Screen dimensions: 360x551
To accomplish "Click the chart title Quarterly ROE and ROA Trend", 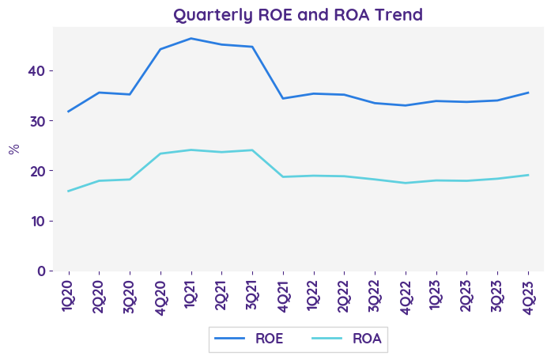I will coord(298,14).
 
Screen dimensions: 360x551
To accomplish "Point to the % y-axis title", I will coord(13,149).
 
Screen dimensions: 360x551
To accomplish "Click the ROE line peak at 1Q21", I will coord(191,38).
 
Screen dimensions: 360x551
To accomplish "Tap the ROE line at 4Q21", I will coord(283,98).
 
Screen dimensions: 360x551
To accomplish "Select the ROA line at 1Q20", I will coord(68,191).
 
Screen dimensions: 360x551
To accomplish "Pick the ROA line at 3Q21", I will coord(252,150).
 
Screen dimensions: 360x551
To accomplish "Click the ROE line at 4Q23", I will coord(528,93).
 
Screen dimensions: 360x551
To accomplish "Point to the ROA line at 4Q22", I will coord(406,183).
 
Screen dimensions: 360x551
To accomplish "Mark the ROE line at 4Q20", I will coord(160,49).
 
